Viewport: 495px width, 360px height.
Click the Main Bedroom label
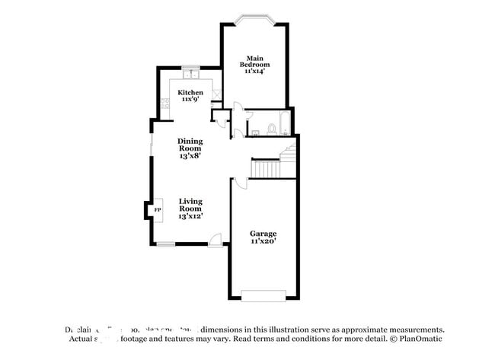pos(254,62)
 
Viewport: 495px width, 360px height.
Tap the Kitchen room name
pos(190,93)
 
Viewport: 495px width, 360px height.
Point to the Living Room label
pos(190,205)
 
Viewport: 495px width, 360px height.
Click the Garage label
pos(263,233)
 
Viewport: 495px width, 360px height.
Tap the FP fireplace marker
pos(158,209)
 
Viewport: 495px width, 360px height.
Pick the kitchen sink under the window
pos(190,75)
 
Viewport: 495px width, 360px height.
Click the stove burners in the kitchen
pos(164,104)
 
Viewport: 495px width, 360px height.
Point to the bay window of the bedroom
pos(254,19)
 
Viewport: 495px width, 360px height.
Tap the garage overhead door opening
pos(263,295)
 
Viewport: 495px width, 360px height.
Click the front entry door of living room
pos(215,241)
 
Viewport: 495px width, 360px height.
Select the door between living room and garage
pos(240,183)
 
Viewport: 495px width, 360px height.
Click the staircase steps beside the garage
pos(267,168)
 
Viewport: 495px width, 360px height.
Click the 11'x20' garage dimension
pos(263,241)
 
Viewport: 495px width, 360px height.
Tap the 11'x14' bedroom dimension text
pos(254,71)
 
